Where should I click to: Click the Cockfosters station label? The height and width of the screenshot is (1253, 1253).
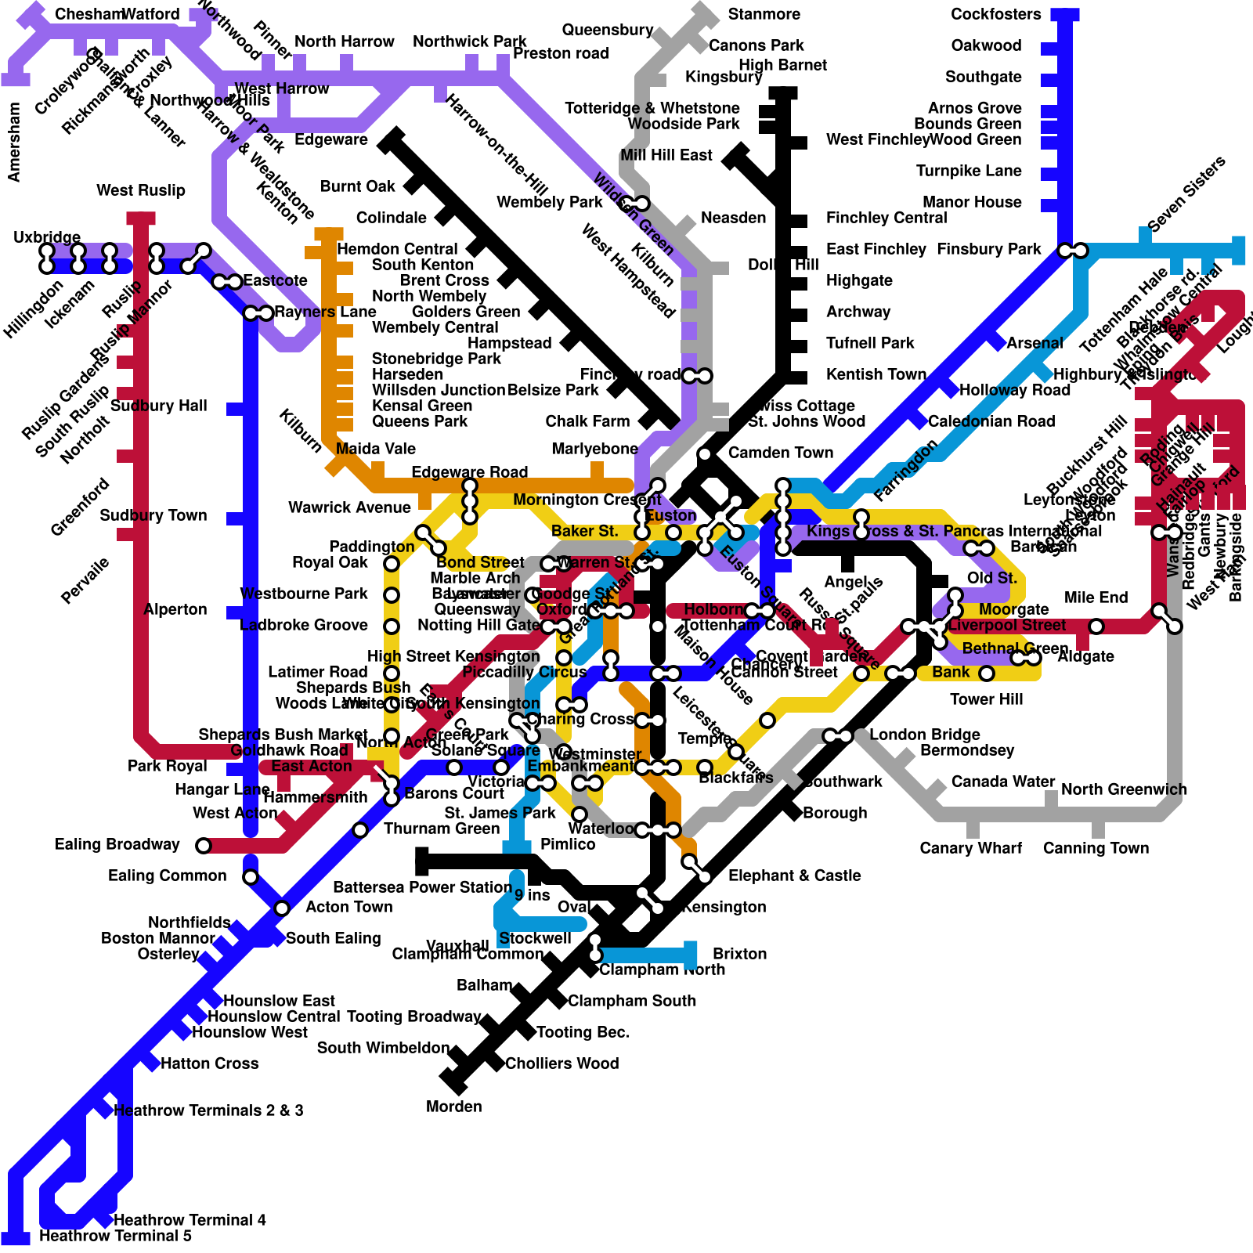[x=995, y=14]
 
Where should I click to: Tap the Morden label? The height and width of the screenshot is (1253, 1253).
[x=453, y=1107]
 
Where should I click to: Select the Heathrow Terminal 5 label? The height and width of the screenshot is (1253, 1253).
[x=115, y=1236]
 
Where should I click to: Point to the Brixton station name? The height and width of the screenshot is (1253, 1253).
[x=739, y=954]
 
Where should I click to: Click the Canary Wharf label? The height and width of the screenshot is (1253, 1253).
[x=970, y=848]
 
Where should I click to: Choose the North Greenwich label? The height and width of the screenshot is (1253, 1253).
[x=1124, y=789]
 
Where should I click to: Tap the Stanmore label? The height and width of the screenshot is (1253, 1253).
[x=764, y=14]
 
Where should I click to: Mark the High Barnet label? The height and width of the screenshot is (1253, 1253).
[x=782, y=65]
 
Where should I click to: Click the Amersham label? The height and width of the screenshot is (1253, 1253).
[x=14, y=142]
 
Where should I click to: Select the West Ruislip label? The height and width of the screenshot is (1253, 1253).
[x=141, y=190]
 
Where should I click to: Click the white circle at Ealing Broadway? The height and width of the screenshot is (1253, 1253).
[x=204, y=846]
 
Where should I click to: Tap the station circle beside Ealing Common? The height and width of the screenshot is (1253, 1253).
[x=251, y=877]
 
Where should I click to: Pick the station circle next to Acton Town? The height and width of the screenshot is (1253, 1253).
[x=282, y=908]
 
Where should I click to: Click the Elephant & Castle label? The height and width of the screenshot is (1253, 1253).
[x=794, y=876]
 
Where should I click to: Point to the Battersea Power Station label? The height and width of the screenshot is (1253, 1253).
[x=422, y=887]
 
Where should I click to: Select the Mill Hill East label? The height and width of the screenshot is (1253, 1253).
[x=666, y=155]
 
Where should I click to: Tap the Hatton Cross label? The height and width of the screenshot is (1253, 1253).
[x=209, y=1063]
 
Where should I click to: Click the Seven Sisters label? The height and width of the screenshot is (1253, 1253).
[x=1186, y=194]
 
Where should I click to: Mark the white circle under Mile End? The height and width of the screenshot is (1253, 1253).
[x=1096, y=626]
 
